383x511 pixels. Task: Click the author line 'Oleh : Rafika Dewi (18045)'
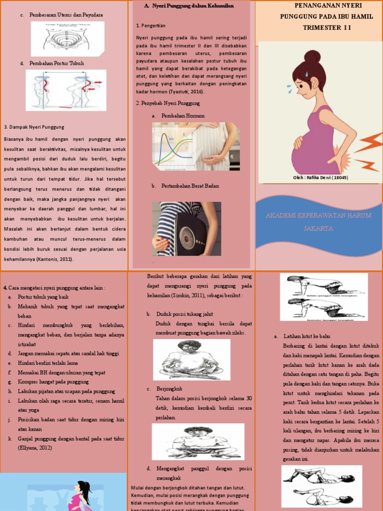[320, 177]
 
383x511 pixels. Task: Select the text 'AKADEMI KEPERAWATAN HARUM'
[318, 215]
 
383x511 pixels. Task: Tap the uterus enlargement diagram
[67, 38]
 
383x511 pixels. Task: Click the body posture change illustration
[66, 90]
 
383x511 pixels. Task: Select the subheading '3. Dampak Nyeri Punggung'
[33, 127]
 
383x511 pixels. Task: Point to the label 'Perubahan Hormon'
[183, 116]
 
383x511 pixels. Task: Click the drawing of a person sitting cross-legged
[191, 359]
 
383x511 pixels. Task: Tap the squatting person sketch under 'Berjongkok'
[198, 442]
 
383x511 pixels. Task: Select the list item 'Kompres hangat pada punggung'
[53, 382]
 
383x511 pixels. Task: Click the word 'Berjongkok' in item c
[169, 389]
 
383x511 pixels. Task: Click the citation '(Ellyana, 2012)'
[35, 448]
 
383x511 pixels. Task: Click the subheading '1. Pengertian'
[151, 25]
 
